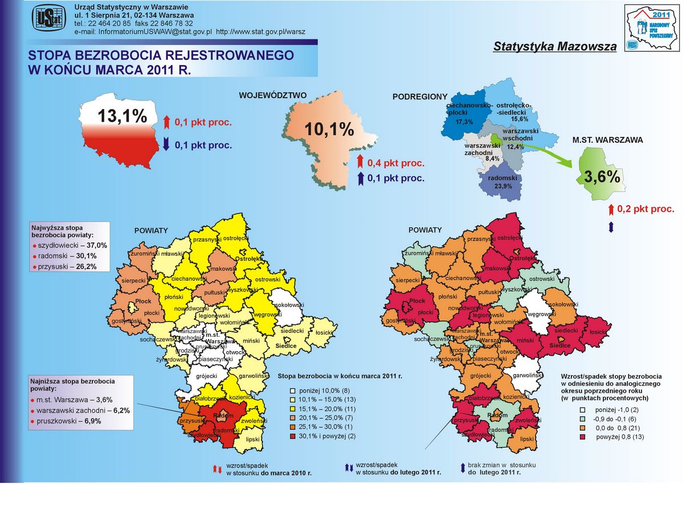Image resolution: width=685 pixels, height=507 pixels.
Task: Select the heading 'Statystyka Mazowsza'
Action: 555,46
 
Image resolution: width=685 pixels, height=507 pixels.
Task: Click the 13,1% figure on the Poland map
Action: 122,116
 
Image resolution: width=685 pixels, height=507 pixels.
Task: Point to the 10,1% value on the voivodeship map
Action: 329,130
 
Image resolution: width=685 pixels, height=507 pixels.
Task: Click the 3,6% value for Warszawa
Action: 602,177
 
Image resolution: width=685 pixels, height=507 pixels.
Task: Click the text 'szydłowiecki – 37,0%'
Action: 73,245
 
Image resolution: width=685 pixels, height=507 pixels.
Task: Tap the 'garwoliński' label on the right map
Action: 527,375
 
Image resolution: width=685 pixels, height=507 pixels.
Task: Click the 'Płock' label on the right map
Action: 417,301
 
